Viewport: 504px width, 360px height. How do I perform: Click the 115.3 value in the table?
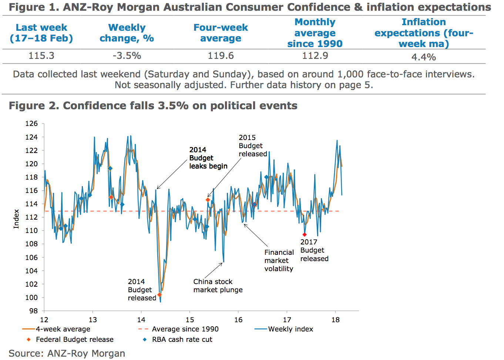[x=41, y=56]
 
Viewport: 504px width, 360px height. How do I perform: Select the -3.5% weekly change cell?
[x=127, y=56]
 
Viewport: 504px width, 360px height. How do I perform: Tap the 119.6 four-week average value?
[x=221, y=56]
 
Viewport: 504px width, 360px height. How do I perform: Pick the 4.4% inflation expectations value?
[x=424, y=57]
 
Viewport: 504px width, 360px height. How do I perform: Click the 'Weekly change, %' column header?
[x=127, y=33]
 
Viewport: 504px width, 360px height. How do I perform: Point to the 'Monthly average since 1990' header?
[x=315, y=33]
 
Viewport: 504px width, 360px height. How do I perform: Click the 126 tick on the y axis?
[x=31, y=124]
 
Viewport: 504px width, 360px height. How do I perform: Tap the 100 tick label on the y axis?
[x=31, y=297]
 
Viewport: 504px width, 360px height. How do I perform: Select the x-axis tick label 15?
[x=190, y=320]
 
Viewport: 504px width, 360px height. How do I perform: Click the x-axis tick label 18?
[x=336, y=320]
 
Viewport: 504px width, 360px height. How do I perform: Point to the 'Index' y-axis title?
[x=16, y=219]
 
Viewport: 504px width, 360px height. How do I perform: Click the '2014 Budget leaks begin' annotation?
[x=208, y=158]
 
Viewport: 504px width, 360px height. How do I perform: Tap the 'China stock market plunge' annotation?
[x=218, y=286]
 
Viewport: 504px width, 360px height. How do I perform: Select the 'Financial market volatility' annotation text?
[x=279, y=260]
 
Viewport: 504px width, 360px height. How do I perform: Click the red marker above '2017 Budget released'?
[x=305, y=235]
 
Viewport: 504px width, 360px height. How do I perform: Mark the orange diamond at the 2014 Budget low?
[x=159, y=295]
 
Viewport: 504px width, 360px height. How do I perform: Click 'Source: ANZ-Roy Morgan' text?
[x=67, y=354]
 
